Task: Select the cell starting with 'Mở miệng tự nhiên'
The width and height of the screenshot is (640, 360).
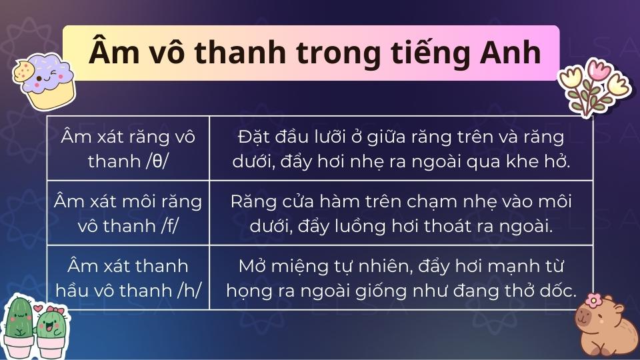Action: tap(401, 278)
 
